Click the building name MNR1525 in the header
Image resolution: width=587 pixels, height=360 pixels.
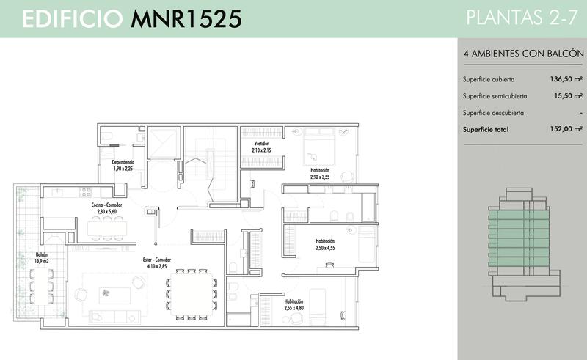click(186, 19)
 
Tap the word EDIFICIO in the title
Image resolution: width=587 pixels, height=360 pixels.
click(73, 19)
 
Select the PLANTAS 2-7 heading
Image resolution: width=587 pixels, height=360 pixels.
click(522, 18)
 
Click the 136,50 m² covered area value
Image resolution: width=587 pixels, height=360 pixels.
click(566, 79)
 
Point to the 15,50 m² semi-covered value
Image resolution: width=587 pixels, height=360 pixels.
click(568, 96)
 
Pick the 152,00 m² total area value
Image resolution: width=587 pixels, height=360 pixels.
click(566, 129)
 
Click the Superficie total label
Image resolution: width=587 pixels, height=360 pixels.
click(486, 130)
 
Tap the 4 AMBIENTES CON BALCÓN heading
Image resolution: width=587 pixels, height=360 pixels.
click(523, 54)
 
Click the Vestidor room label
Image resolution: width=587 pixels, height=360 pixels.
click(261, 143)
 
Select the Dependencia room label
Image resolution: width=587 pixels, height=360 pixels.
click(123, 162)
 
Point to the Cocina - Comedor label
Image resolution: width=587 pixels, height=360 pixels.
click(106, 205)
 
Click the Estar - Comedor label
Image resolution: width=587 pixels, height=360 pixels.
click(157, 260)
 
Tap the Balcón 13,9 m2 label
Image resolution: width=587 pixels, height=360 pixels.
click(42, 258)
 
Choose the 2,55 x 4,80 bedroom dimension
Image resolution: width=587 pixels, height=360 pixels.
click(294, 308)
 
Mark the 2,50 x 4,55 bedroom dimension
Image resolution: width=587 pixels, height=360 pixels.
click(325, 248)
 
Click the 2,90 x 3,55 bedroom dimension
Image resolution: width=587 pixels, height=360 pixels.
click(320, 177)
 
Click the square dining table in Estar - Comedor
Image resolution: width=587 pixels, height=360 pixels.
click(191, 295)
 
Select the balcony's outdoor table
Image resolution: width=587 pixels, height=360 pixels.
click(42, 286)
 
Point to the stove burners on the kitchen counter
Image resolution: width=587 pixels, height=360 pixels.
click(85, 192)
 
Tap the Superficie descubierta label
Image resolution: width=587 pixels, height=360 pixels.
click(493, 113)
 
